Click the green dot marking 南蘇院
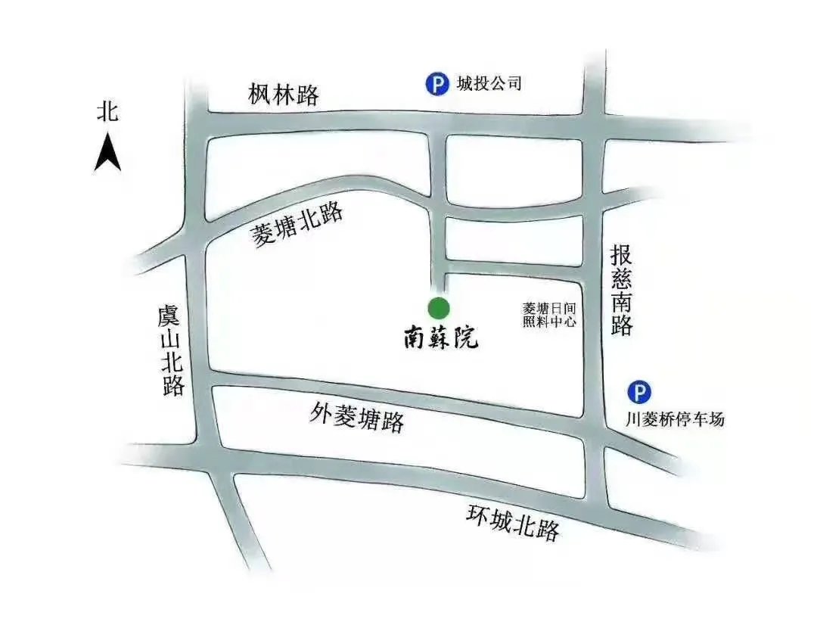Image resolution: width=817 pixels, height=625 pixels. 439,308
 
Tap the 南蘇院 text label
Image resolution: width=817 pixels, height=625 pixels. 440,337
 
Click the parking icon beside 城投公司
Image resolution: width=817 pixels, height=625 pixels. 436,83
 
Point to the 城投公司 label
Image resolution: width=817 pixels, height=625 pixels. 489,83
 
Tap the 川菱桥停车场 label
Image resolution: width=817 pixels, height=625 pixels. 674,418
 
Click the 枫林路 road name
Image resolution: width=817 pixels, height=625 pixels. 284,95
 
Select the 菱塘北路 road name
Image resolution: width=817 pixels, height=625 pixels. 297,225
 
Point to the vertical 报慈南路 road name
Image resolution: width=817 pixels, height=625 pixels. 622,290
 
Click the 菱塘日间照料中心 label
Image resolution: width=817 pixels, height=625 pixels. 550,315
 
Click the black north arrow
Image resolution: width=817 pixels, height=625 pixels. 108,152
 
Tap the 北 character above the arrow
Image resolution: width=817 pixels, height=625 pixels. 108,113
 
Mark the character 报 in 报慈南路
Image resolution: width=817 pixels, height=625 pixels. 622,255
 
